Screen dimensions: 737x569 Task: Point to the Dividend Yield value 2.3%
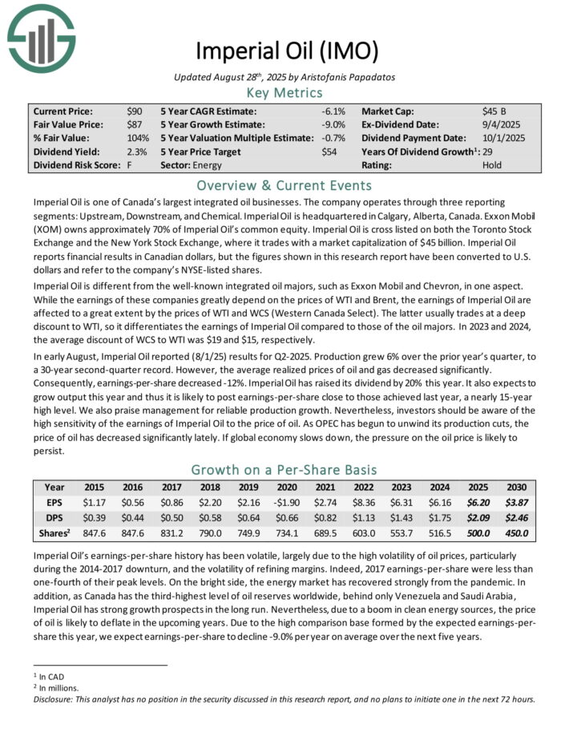point(137,152)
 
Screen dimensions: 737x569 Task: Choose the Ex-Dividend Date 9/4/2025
point(502,124)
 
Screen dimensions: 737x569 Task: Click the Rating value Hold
point(493,165)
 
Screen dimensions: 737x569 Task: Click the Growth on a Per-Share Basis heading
point(284,469)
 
